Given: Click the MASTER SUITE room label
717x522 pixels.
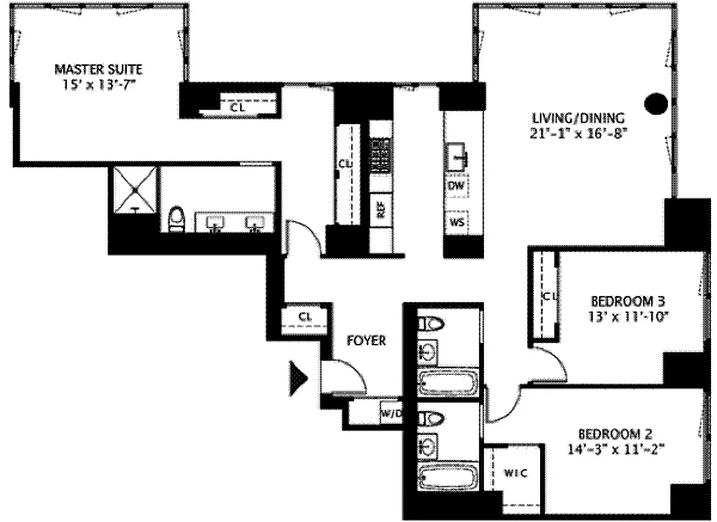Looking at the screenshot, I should click(98, 69).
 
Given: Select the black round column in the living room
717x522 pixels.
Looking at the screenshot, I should click(656, 103).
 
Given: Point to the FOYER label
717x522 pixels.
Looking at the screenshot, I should click(366, 340).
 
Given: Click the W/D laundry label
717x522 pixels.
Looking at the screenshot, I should click(391, 412).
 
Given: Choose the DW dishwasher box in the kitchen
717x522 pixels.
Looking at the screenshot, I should click(456, 185).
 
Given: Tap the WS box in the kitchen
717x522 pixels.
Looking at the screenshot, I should click(457, 223).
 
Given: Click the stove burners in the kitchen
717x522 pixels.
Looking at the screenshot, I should click(379, 155).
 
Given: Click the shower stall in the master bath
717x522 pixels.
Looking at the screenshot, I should click(135, 189).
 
